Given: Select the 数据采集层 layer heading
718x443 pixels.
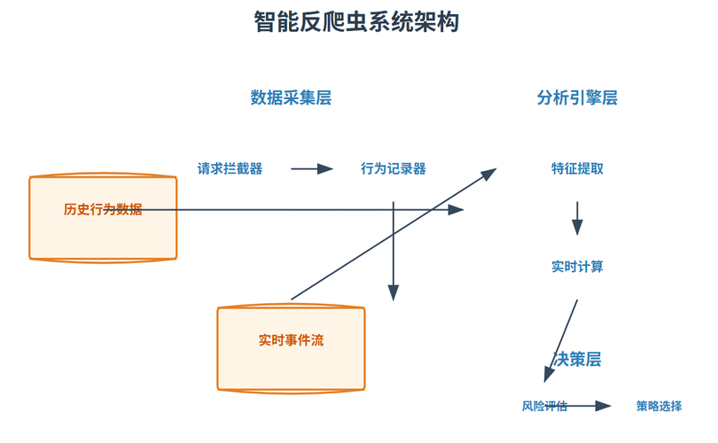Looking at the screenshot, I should [x=291, y=98].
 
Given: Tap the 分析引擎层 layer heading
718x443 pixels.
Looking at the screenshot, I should [x=577, y=98].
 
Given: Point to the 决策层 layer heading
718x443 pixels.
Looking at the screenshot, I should [x=577, y=360].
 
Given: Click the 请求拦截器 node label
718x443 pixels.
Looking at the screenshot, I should [x=230, y=168].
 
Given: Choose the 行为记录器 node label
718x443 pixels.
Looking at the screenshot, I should [x=394, y=168].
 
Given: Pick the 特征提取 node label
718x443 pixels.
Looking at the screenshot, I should [x=577, y=168].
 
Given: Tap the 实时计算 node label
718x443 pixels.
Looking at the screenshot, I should [x=577, y=267].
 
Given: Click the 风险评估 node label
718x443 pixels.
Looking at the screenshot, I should [x=544, y=407].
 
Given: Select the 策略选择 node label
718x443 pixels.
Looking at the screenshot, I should [x=659, y=407].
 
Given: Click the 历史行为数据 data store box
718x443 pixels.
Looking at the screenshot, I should [x=103, y=218].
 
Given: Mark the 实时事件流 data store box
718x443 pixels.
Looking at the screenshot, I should [x=292, y=347].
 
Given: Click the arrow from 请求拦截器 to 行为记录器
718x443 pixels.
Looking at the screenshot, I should [x=311, y=168].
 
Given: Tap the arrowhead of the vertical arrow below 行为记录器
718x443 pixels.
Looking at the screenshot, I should [x=394, y=294].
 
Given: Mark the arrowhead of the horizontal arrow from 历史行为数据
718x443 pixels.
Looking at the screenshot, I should [x=457, y=210].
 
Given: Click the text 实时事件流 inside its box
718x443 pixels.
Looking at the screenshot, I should [x=292, y=340].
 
